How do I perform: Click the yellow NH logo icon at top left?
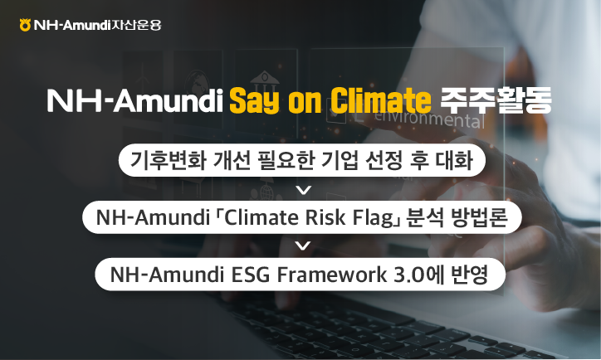[x=25, y=24]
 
